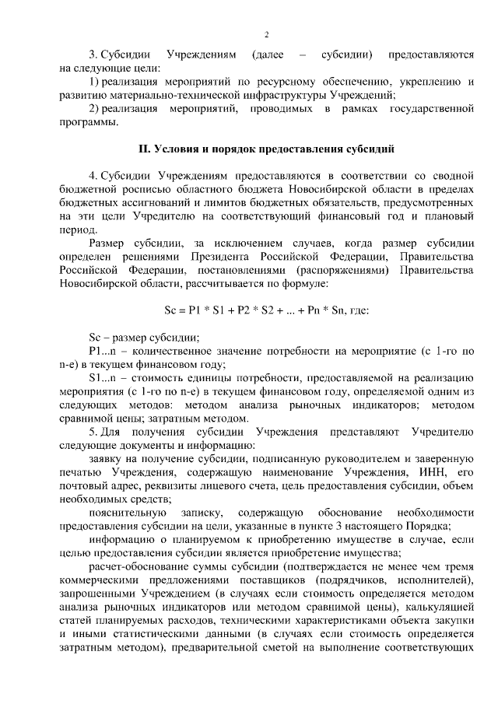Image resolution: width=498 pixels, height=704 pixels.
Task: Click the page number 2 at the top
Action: point(266,34)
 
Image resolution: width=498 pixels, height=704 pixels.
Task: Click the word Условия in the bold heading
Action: point(178,147)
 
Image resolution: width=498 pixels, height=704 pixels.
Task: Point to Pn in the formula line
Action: point(319,310)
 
